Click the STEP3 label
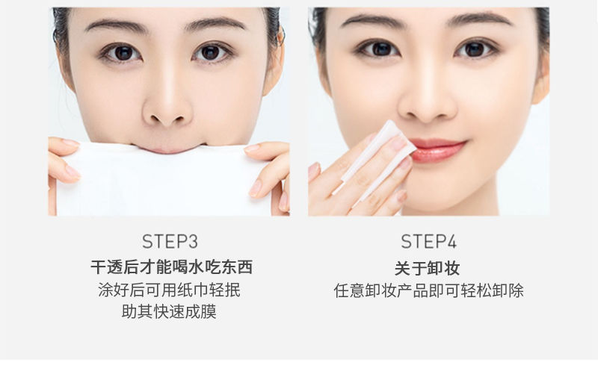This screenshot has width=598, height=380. tap(170, 241)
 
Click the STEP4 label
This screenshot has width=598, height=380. tap(428, 241)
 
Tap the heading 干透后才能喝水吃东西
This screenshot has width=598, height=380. tap(172, 267)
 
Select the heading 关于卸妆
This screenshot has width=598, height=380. tap(427, 268)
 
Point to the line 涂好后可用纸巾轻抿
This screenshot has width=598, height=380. tap(170, 290)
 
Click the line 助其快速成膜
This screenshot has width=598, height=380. tap(170, 311)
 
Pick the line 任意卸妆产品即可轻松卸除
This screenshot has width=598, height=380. tap(428, 290)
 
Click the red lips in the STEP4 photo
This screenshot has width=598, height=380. tap(438, 149)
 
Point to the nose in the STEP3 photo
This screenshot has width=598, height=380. tap(167, 103)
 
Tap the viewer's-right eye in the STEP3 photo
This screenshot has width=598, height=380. tap(212, 52)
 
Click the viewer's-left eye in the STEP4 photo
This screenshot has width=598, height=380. tap(379, 49)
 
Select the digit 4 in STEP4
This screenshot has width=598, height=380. tap(451, 241)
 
